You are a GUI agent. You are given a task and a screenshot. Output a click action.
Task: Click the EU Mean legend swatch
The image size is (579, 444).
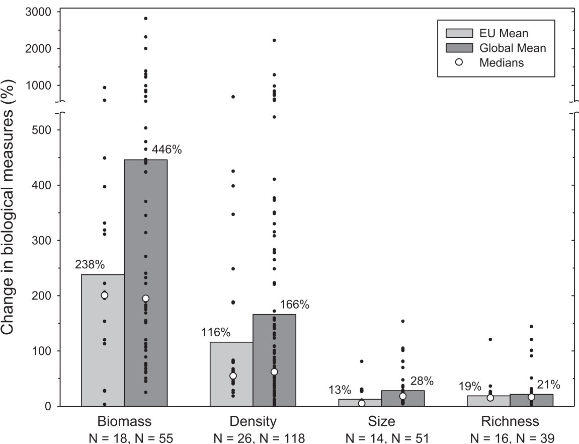pos(459,34)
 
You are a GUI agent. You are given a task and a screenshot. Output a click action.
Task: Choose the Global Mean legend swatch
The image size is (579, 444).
pos(459,48)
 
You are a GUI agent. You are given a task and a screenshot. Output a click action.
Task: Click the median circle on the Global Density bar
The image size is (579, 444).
pos(274,372)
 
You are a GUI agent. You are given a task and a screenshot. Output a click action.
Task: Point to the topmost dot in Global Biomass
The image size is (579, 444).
pos(146,18)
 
